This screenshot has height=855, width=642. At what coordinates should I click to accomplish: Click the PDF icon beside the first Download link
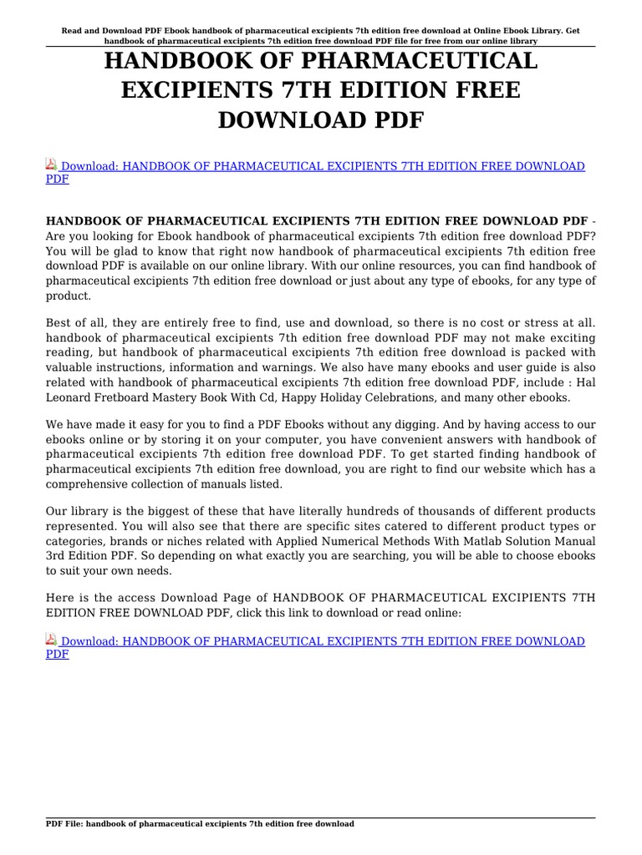[x=51, y=165]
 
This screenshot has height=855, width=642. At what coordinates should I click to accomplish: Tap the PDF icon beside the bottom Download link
[x=51, y=640]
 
